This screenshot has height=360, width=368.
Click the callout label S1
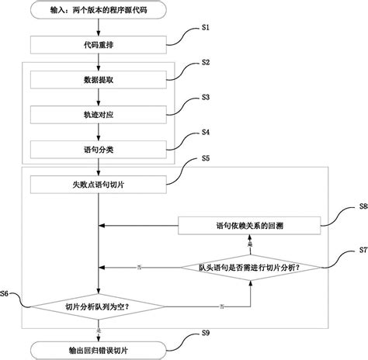click(207, 28)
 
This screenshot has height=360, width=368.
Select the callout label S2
click(207, 61)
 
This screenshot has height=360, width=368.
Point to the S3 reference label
click(207, 97)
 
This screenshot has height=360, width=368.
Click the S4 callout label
click(207, 131)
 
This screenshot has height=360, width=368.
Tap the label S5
click(207, 158)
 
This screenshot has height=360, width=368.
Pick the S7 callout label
click(363, 251)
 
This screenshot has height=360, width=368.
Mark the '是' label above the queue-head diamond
click(249, 244)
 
